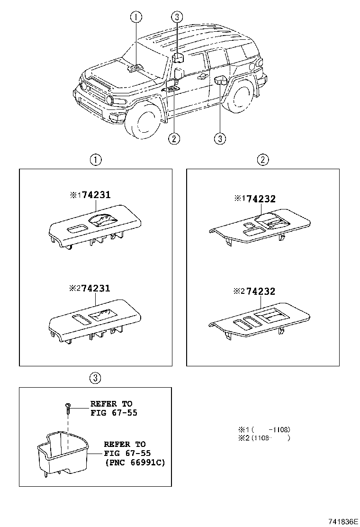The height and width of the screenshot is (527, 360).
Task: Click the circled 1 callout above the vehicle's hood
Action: pyautogui.click(x=136, y=18)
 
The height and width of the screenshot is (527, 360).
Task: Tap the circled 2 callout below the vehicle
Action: pyautogui.click(x=174, y=138)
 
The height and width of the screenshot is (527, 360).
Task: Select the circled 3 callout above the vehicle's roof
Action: pyautogui.click(x=176, y=18)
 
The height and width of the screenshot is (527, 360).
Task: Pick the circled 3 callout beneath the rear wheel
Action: pyautogui.click(x=219, y=138)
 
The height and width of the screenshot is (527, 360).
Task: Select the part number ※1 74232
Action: pyautogui.click(x=255, y=200)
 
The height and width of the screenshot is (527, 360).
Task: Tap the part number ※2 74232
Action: pyautogui.click(x=255, y=291)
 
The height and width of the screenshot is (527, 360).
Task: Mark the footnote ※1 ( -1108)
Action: pyautogui.click(x=264, y=429)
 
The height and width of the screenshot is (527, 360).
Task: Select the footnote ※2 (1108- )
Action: pyautogui.click(x=264, y=438)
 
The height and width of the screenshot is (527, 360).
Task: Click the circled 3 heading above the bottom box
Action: pyautogui.click(x=95, y=378)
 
